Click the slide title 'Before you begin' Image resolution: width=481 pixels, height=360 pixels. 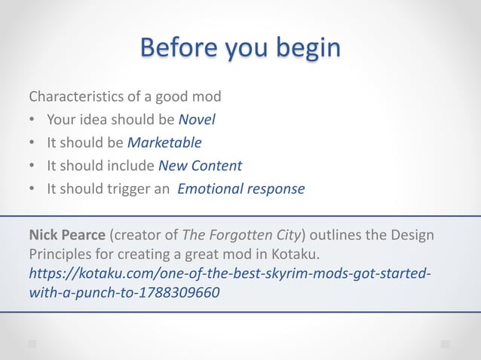(240, 47)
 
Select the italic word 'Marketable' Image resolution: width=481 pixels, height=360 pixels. (164, 142)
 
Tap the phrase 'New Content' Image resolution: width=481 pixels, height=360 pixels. (200, 165)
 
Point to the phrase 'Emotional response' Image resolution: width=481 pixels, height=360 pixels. (241, 188)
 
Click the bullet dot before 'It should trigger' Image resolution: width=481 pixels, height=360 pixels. (32, 189)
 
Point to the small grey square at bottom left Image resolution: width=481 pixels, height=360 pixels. (32, 343)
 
